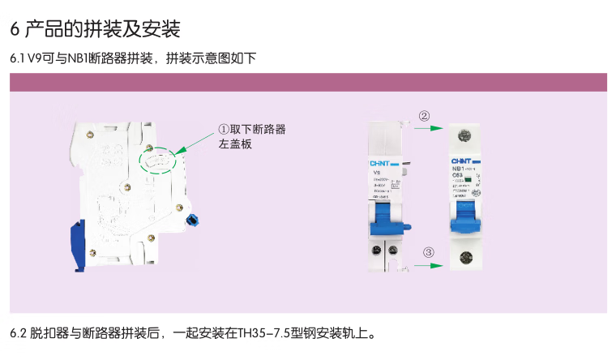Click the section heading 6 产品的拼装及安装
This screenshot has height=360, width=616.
coord(95,30)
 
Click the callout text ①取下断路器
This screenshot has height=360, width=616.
coord(251,130)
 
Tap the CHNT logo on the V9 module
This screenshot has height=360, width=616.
coord(379,162)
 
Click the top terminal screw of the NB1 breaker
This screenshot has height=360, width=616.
coord(464,135)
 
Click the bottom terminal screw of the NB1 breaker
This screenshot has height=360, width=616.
coord(464,258)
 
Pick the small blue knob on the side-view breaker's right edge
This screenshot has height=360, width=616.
coord(193,220)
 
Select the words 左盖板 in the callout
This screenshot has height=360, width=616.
coord(236,144)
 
